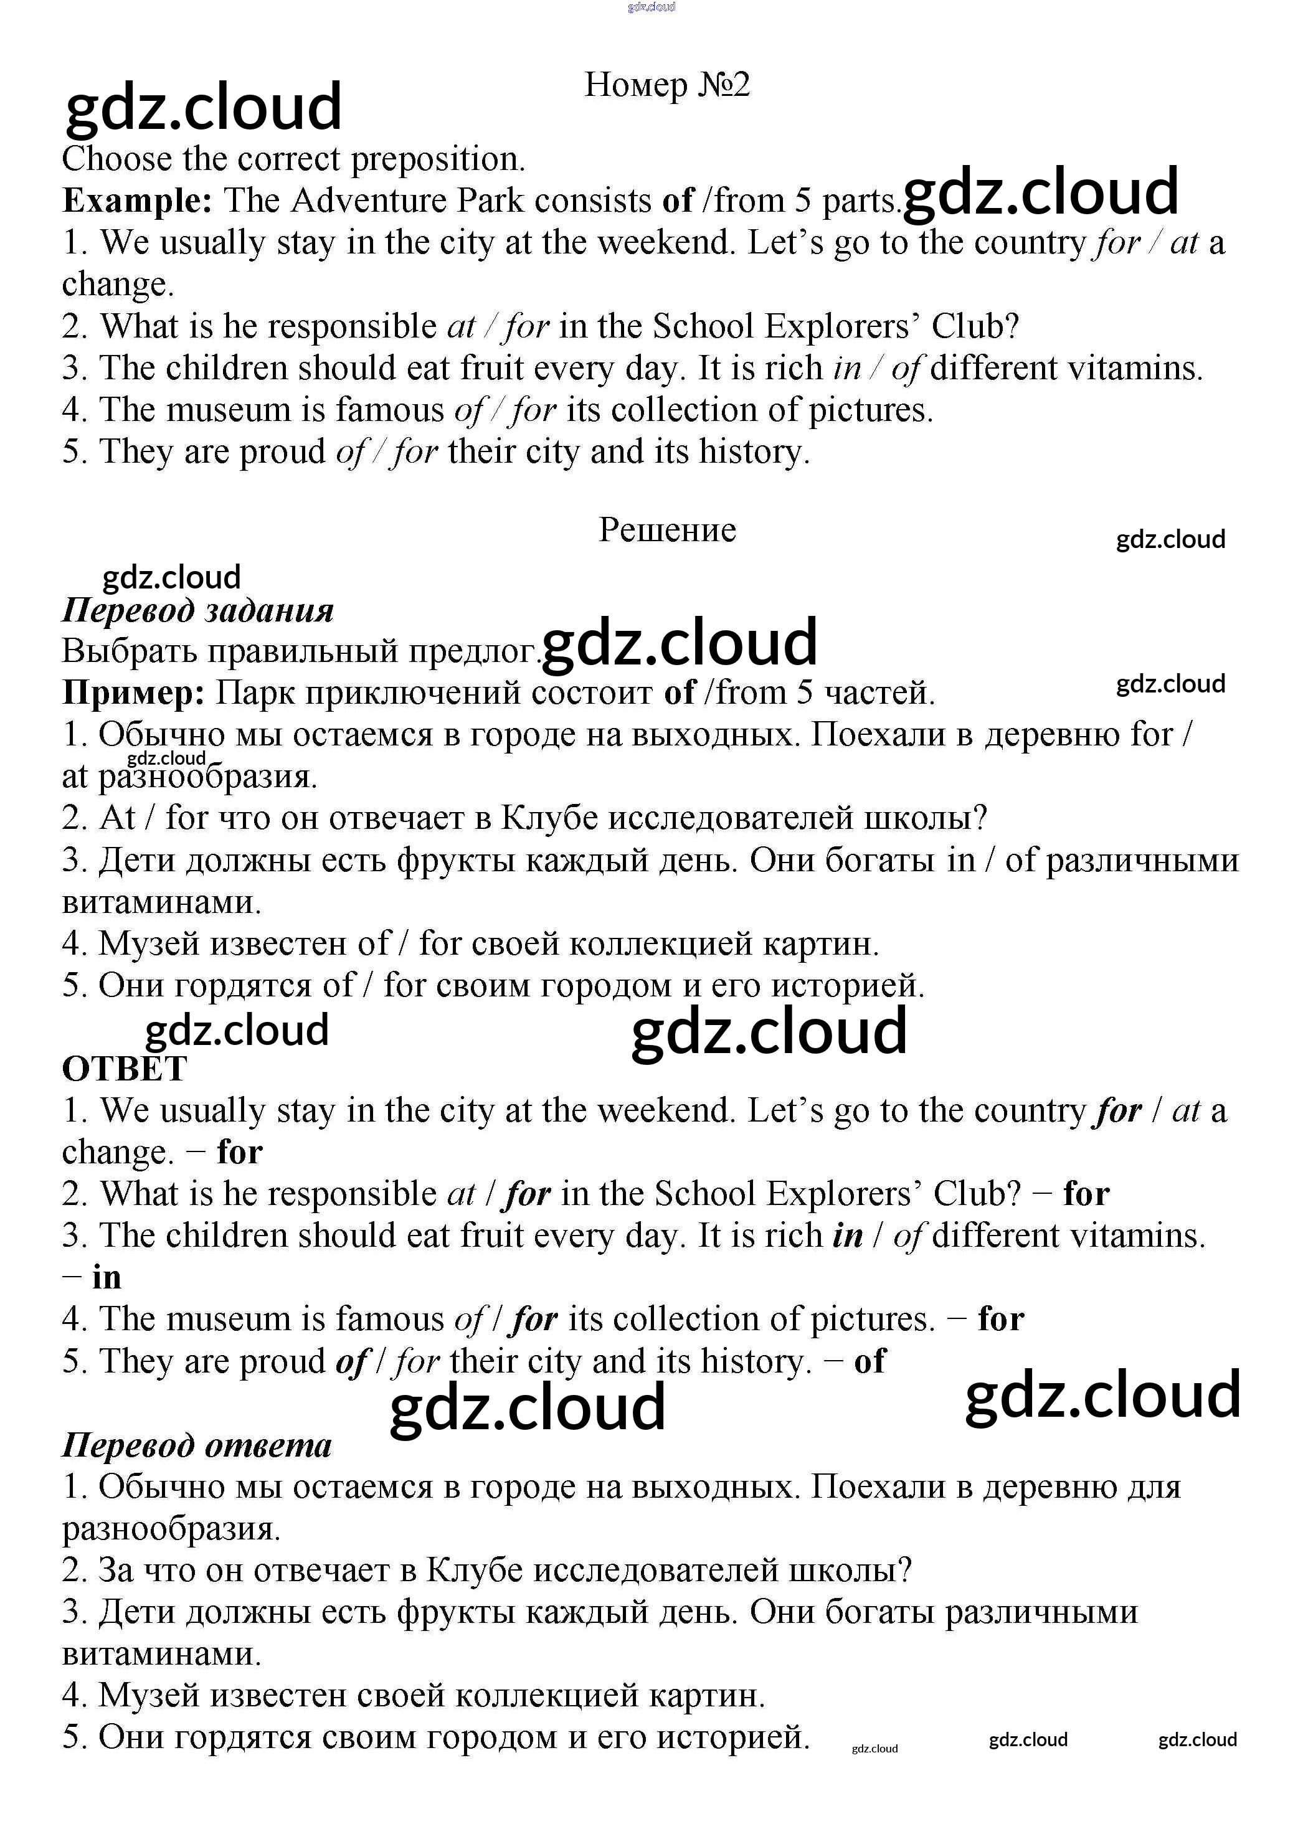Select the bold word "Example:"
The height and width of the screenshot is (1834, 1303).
[x=137, y=201]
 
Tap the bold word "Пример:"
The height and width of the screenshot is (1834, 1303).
[x=133, y=692]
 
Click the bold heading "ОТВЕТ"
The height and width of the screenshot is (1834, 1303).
[x=125, y=1069]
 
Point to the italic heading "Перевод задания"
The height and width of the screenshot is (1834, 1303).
[x=197, y=610]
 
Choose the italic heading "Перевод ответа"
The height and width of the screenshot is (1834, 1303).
[x=197, y=1445]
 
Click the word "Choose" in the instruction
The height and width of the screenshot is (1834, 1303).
[x=116, y=159]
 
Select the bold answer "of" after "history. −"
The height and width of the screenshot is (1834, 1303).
[x=869, y=1361]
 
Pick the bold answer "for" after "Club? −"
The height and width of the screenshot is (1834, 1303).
[x=1086, y=1194]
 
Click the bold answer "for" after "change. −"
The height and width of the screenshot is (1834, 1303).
[x=240, y=1152]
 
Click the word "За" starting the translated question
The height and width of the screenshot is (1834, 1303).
[x=115, y=1570]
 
